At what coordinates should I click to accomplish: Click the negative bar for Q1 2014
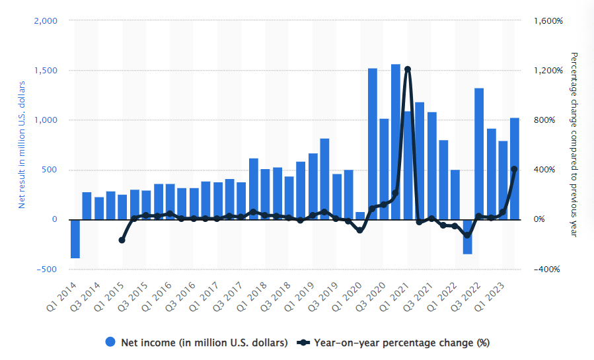(75, 238)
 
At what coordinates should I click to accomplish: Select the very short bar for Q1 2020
(360, 215)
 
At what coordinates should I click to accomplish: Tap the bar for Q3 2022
(479, 153)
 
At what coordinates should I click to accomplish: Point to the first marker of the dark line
(122, 240)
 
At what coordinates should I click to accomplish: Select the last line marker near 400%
(514, 169)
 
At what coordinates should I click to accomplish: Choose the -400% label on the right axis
(548, 270)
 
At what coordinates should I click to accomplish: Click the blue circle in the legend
(111, 342)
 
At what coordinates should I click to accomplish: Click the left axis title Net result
(21, 145)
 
